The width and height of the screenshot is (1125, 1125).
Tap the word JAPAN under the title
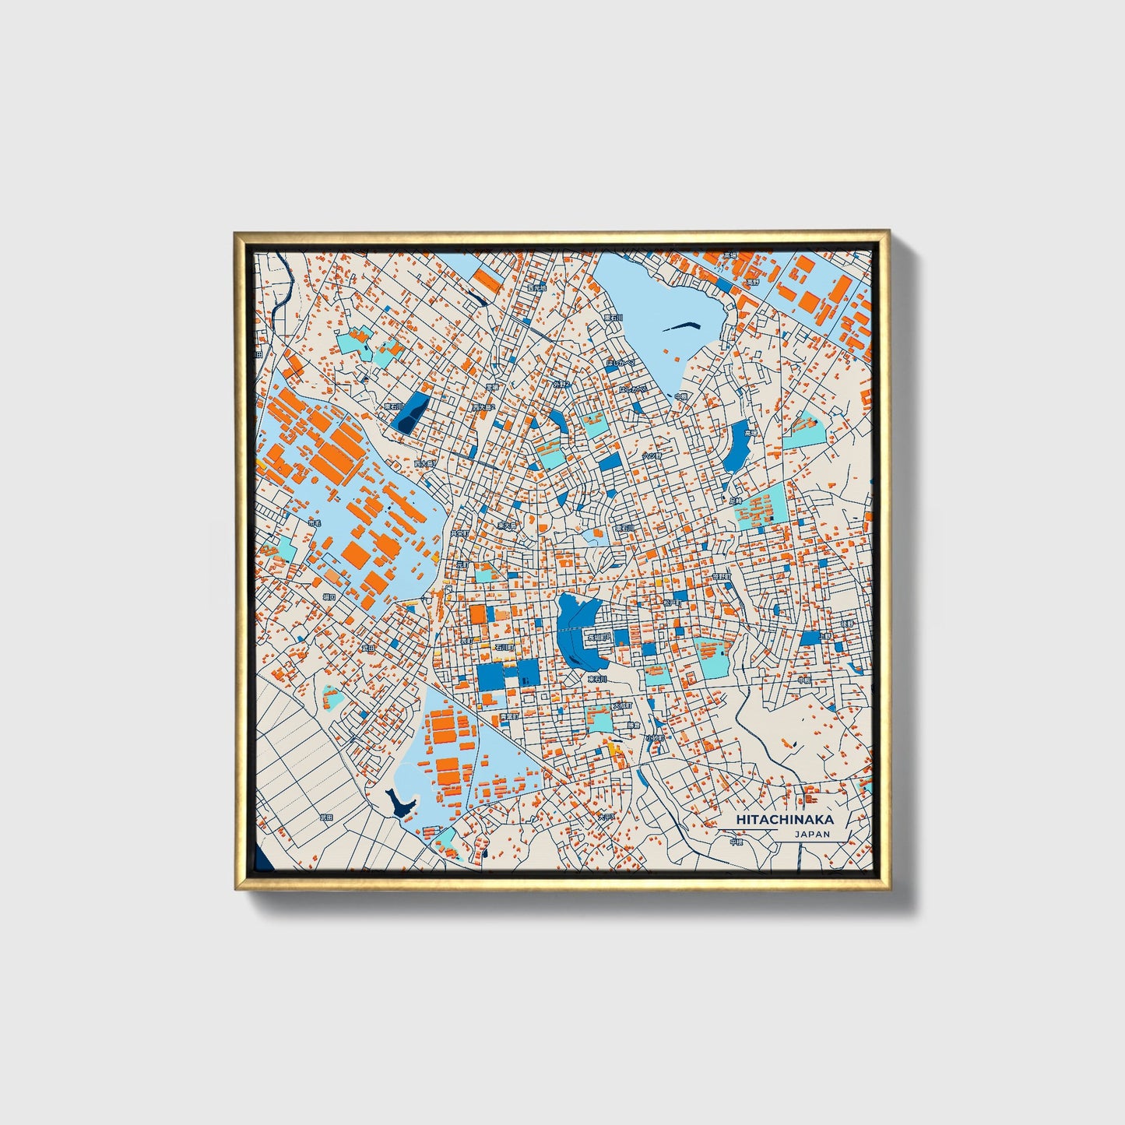coord(812,834)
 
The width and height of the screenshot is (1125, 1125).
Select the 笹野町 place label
coord(722,577)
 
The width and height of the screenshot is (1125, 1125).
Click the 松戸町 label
coord(672,602)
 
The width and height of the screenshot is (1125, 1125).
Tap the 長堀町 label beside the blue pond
coord(599,637)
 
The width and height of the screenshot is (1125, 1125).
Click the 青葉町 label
coord(508,716)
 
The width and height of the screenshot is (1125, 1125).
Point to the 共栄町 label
coord(459,534)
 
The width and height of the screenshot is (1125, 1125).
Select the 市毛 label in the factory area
coord(314,523)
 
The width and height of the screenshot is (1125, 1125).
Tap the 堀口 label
coord(329,597)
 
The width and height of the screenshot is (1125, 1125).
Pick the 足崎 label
coord(737,501)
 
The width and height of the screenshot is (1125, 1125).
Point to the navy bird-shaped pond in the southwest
coord(399,802)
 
